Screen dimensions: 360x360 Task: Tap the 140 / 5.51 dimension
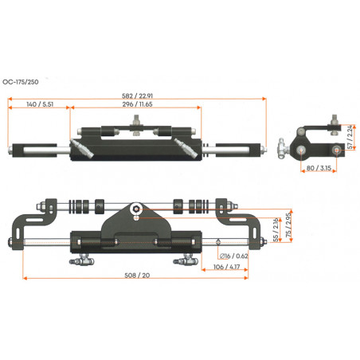[40, 104]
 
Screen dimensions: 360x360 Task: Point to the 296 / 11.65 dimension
[137, 104]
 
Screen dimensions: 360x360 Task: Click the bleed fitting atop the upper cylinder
[138, 123]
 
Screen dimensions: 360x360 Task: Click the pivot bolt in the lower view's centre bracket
[138, 210]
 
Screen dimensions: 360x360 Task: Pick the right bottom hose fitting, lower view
[185, 259]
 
